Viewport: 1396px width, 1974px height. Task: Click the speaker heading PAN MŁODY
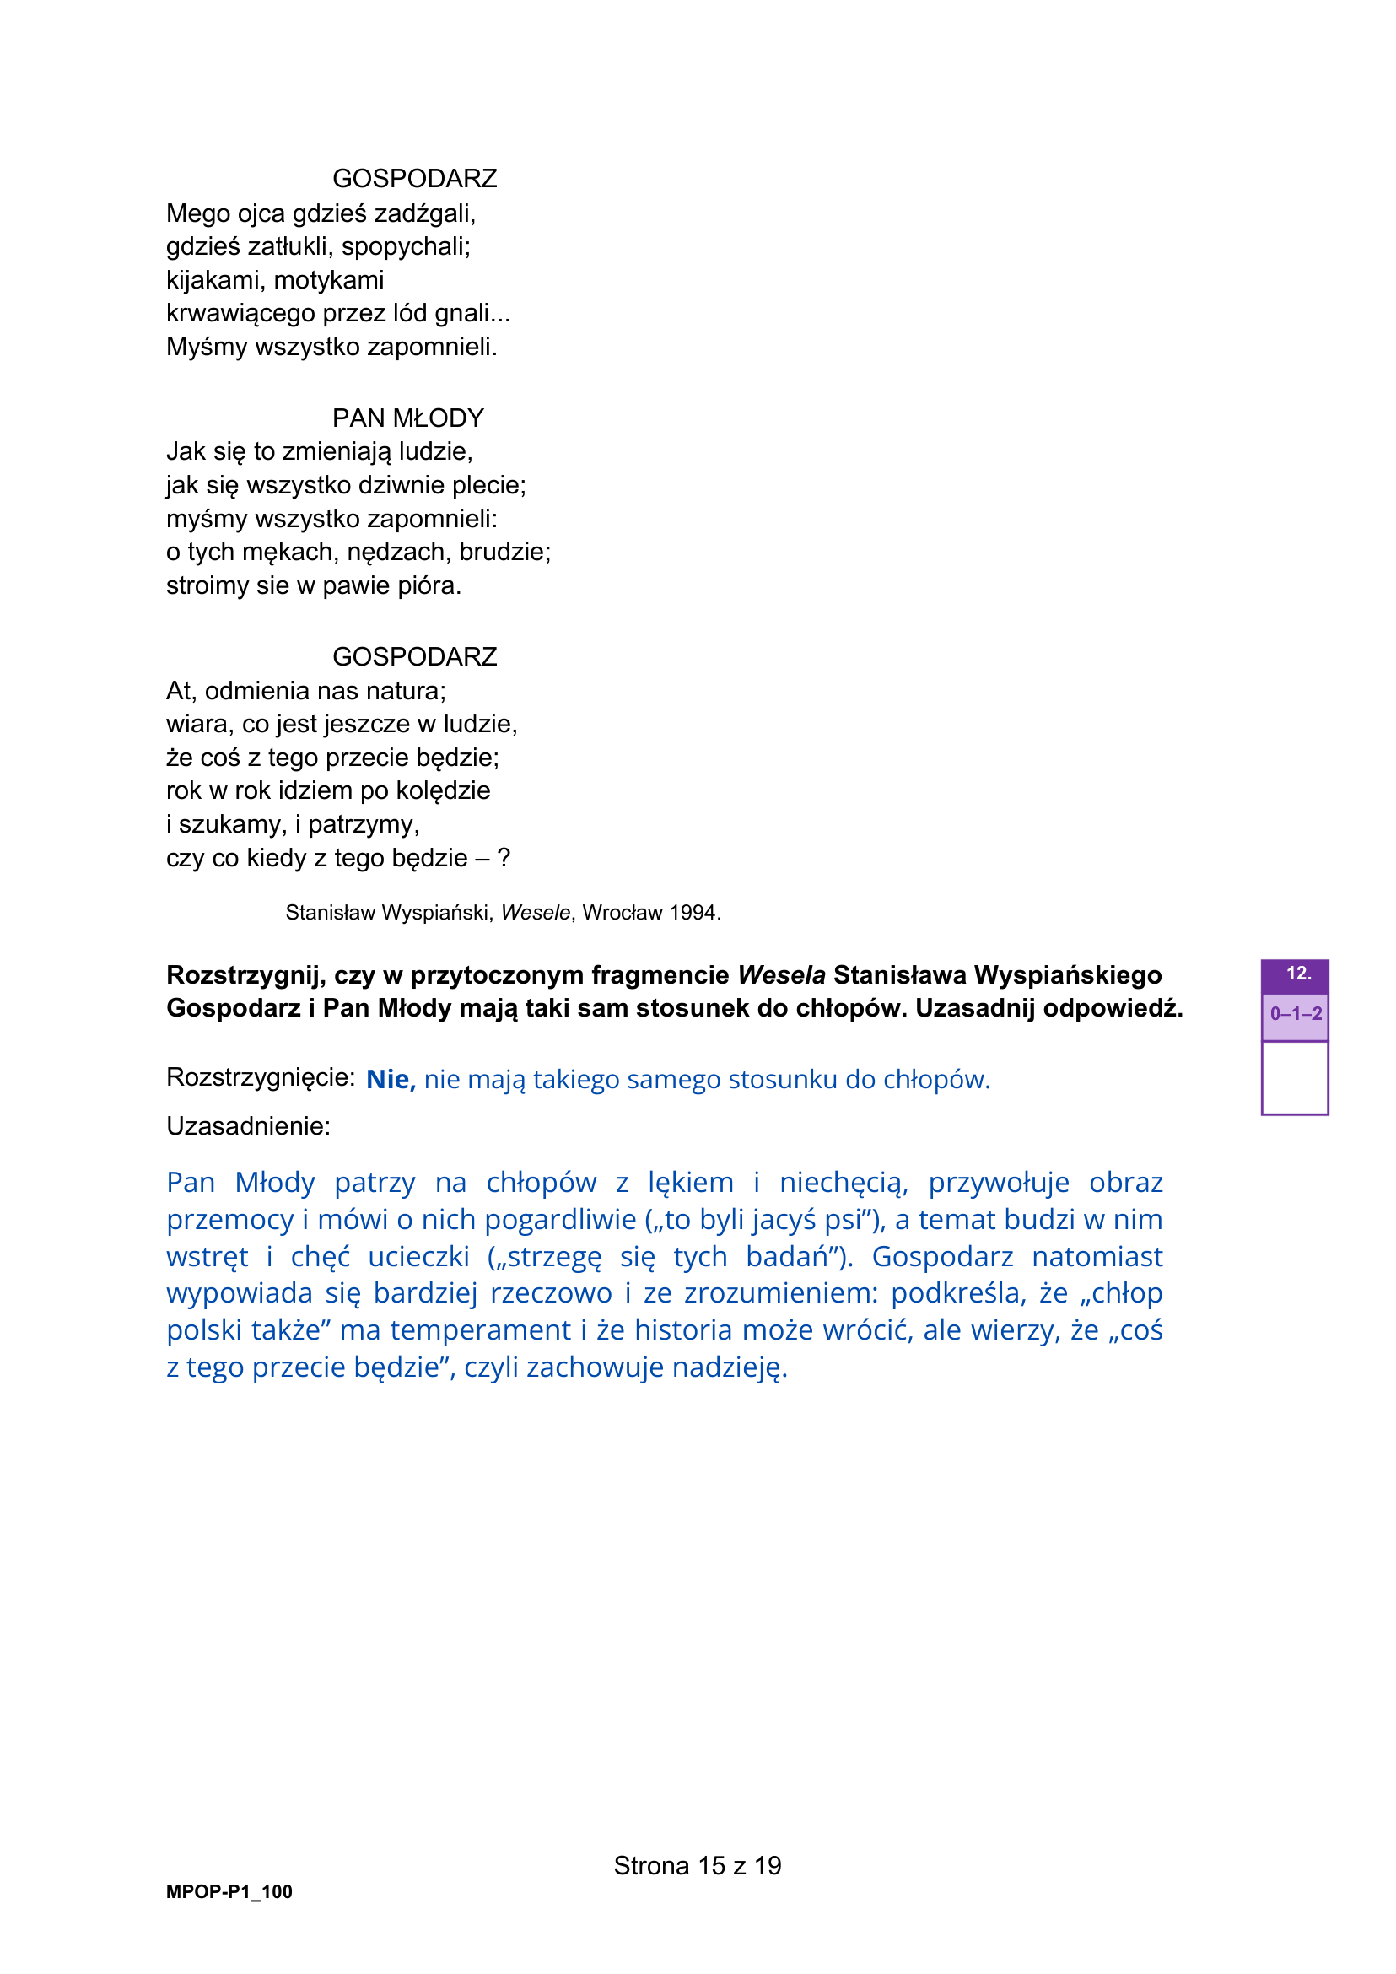tap(407, 418)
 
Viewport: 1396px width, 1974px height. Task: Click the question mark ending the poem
tap(504, 858)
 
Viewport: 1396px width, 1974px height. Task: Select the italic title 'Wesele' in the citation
tap(535, 913)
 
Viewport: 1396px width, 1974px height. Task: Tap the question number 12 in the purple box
tap(1298, 974)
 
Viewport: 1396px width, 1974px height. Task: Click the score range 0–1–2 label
tap(1296, 1014)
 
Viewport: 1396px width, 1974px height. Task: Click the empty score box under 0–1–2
tap(1295, 1077)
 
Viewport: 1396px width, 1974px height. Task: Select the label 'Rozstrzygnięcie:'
tap(261, 1077)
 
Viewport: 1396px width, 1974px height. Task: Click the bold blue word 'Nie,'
tap(391, 1079)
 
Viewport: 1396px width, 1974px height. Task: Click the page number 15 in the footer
tap(711, 1866)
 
